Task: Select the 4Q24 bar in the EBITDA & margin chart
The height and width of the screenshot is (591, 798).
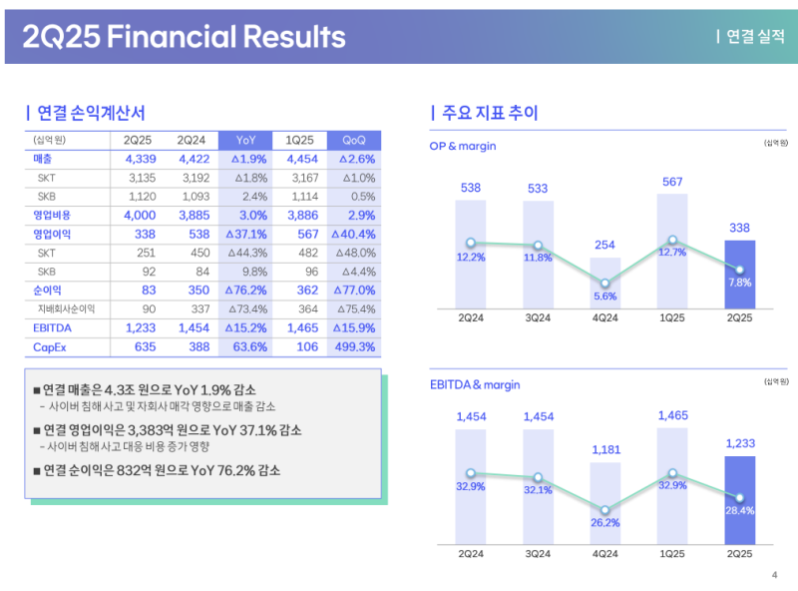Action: [605, 503]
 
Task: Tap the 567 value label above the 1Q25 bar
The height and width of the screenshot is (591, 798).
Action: [672, 182]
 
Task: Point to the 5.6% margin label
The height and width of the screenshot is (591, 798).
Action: [605, 296]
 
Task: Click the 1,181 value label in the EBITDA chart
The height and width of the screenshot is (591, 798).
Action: [605, 450]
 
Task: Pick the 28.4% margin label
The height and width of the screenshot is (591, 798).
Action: [740, 510]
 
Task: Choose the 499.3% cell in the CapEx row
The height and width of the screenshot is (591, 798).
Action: [355, 346]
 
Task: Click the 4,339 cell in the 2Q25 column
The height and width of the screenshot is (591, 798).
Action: [141, 159]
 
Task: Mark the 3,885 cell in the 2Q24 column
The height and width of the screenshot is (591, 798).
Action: [195, 215]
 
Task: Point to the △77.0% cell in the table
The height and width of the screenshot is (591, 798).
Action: [355, 290]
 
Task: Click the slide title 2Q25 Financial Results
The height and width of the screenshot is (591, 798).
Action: [184, 37]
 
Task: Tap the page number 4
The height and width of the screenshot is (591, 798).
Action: [775, 574]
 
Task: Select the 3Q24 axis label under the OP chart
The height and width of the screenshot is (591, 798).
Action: [538, 317]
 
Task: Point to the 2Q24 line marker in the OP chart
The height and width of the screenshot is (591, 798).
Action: [471, 243]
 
